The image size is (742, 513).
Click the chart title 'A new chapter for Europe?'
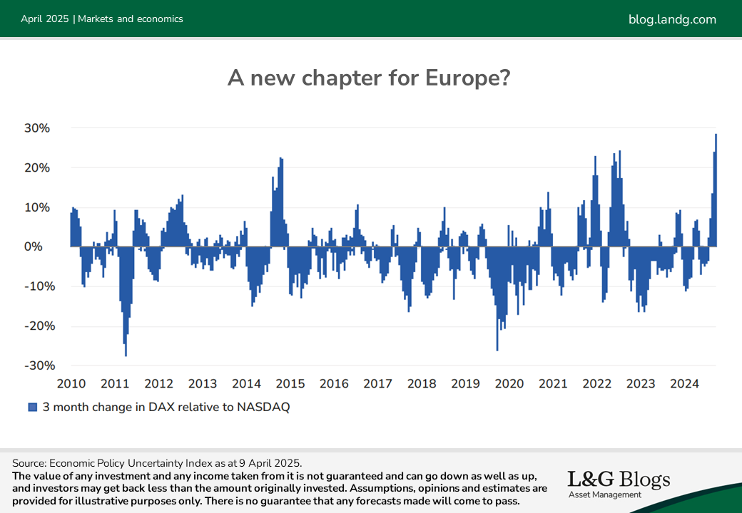(x=369, y=78)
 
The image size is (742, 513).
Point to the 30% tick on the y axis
(x=37, y=128)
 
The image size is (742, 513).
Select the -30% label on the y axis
(x=40, y=366)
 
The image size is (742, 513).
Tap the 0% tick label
(x=33, y=247)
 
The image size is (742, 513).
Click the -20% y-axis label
(x=40, y=326)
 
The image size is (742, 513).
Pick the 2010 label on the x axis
(x=71, y=383)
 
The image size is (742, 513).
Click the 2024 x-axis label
(x=684, y=383)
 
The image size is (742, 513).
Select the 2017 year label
(x=377, y=383)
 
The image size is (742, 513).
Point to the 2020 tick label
(x=509, y=383)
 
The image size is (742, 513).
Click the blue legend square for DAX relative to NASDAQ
(x=33, y=407)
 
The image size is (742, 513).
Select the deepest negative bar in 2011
(x=126, y=301)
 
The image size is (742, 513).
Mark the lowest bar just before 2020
(x=497, y=299)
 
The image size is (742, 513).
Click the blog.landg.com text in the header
(x=672, y=19)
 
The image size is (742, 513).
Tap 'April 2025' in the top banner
(x=45, y=19)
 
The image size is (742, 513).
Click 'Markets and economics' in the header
(x=130, y=19)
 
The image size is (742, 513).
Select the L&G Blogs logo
(x=619, y=484)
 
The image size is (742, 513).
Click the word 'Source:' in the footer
(x=29, y=463)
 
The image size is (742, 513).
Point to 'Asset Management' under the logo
(x=605, y=494)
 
